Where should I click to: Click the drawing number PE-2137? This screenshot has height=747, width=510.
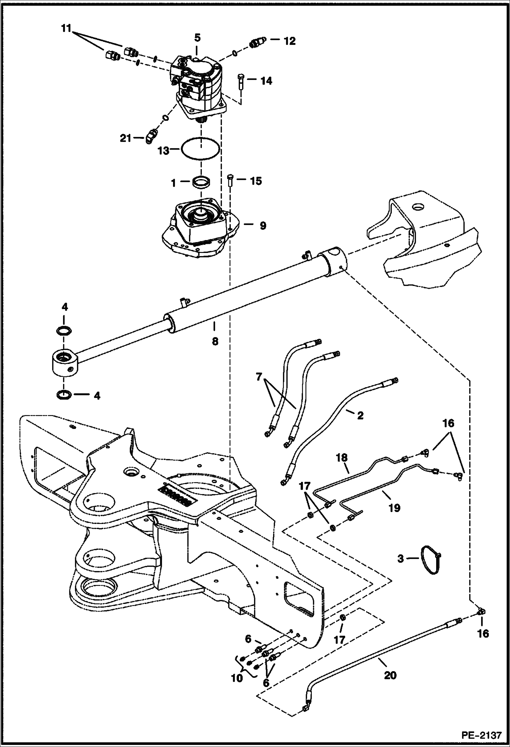point(481,735)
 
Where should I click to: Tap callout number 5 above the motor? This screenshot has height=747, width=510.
point(197,37)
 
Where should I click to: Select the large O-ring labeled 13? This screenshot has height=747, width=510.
point(200,148)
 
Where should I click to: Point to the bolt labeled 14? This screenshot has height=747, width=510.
point(240,81)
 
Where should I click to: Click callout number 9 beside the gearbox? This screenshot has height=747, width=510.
point(262,225)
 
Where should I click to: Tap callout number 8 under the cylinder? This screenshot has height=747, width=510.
point(215,341)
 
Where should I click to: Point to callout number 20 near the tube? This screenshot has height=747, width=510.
point(390,675)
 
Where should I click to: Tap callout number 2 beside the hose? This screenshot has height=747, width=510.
point(360,415)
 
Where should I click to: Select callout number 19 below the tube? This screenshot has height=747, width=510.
point(394,508)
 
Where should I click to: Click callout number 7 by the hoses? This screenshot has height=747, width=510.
point(259,377)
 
